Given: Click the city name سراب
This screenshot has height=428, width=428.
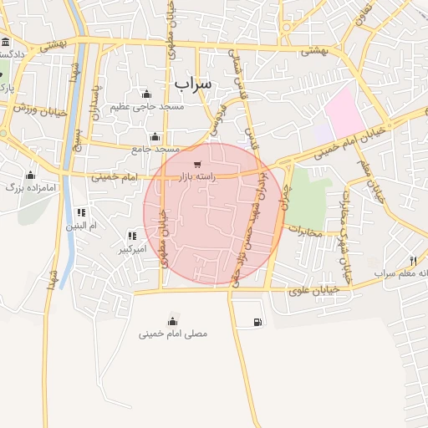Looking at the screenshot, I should pyautogui.click(x=194, y=84).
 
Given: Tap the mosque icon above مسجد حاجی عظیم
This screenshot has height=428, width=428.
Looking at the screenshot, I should pyautogui.click(x=147, y=94).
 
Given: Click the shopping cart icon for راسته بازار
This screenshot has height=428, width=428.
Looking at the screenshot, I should pyautogui.click(x=196, y=164).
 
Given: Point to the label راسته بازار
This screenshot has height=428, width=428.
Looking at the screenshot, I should pyautogui.click(x=197, y=176).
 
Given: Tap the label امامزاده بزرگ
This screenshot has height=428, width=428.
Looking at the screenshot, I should pyautogui.click(x=30, y=187).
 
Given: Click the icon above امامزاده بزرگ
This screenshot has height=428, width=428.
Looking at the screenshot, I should pyautogui.click(x=30, y=175).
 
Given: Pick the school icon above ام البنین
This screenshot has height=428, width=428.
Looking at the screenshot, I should pyautogui.click(x=81, y=212).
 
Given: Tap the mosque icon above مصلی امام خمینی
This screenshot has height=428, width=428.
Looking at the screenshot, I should pyautogui.click(x=173, y=321).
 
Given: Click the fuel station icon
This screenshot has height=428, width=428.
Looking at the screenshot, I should pyautogui.click(x=255, y=322).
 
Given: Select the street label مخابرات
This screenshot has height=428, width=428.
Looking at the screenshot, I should pyautogui.click(x=304, y=232).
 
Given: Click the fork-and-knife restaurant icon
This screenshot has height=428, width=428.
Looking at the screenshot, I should pyautogui.click(x=413, y=261).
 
